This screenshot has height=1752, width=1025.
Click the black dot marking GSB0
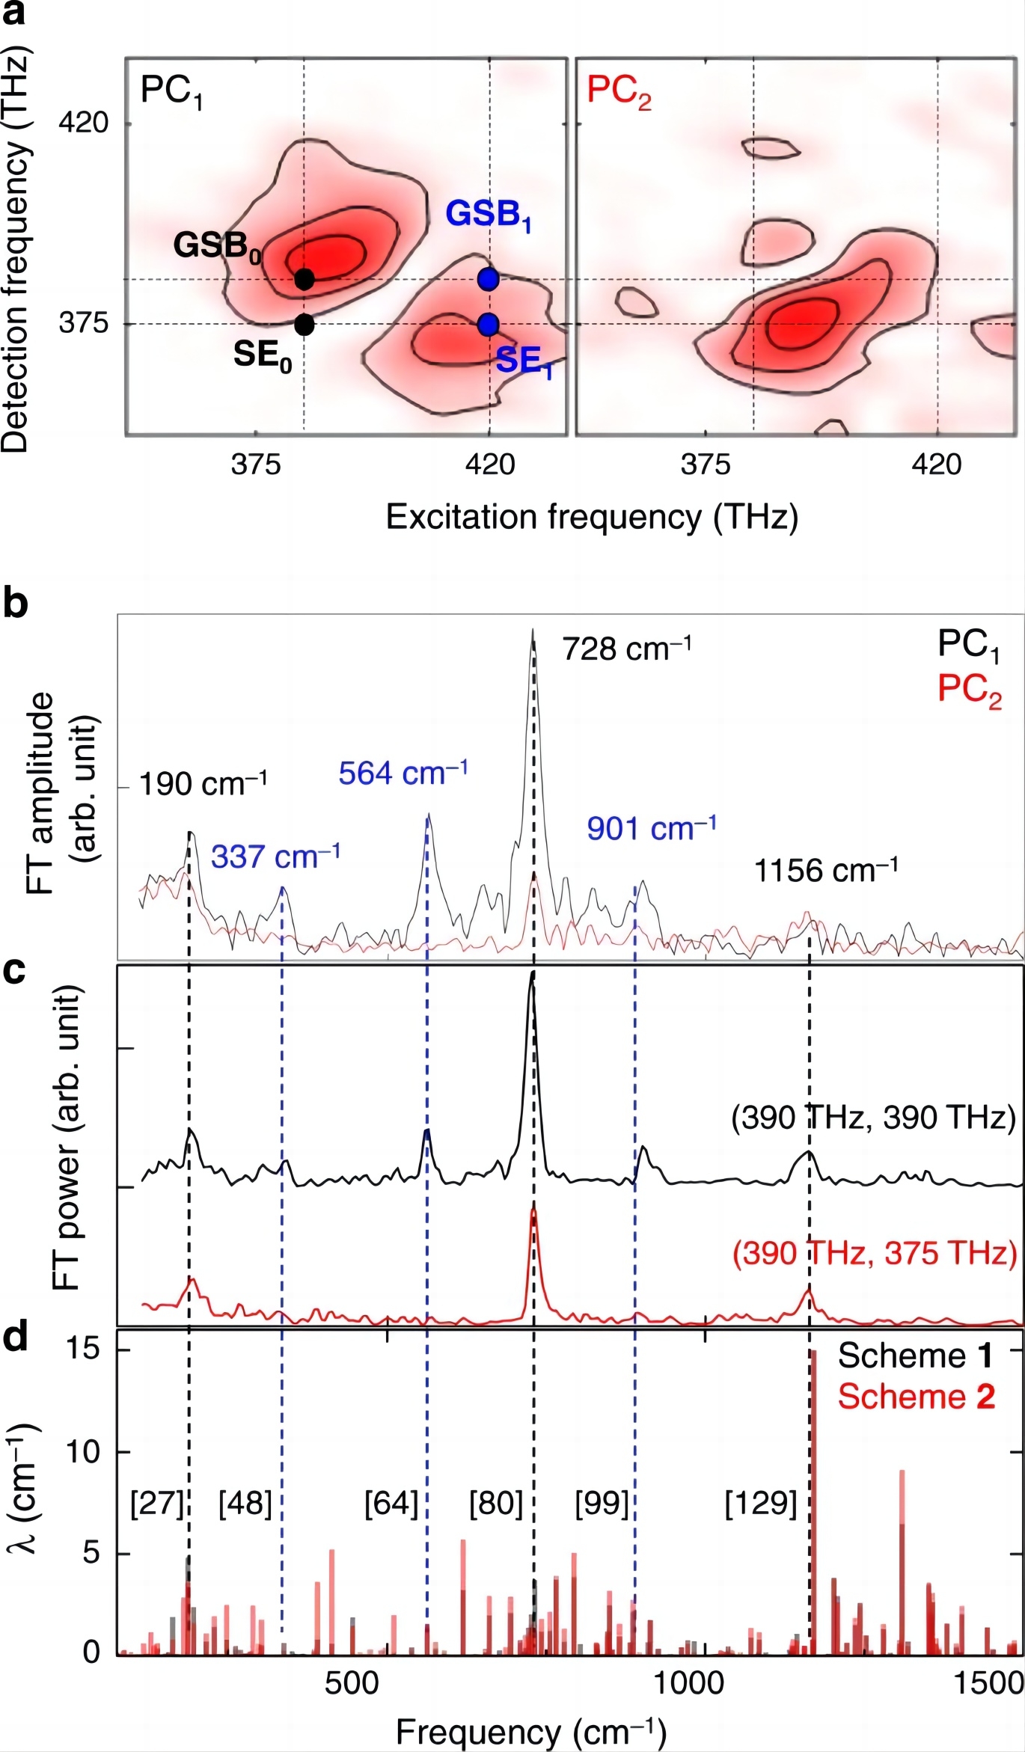tap(304, 279)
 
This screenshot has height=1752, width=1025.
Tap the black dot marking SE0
tap(304, 325)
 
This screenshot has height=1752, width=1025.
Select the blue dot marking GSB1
tap(489, 279)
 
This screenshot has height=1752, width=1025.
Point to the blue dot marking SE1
tap(488, 325)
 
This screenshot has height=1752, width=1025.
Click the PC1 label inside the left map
tap(171, 92)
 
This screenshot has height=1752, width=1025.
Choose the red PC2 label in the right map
tap(619, 92)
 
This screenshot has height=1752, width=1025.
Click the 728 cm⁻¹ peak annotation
tap(626, 649)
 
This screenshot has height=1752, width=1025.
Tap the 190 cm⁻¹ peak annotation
tap(203, 784)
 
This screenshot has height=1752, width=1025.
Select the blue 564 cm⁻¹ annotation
tap(403, 773)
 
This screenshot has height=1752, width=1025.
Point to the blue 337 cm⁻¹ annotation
tap(275, 856)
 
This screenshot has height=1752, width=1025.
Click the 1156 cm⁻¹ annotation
tap(825, 871)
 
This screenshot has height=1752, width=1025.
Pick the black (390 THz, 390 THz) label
tap(873, 1118)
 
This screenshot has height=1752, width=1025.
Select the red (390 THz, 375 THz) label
tap(875, 1253)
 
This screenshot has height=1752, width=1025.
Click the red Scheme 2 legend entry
tap(916, 1397)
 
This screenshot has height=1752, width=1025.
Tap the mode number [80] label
tap(495, 1504)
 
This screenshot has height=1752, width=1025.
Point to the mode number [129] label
tap(761, 1504)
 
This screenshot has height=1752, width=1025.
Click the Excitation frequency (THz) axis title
tap(591, 517)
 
